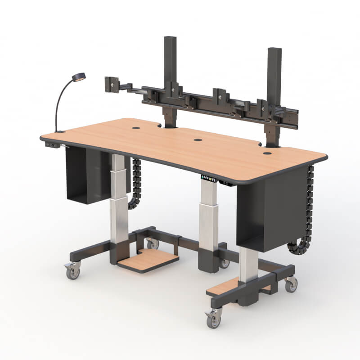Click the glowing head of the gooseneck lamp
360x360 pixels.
pyautogui.click(x=80, y=77)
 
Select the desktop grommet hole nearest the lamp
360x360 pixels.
pyautogui.click(x=136, y=128)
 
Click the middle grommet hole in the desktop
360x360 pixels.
pyautogui.click(x=198, y=140)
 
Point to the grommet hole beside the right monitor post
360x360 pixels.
pyautogui.click(x=267, y=153)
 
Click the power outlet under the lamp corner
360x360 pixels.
pyautogui.click(x=52, y=145)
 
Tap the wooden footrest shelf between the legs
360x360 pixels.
pyautogui.click(x=148, y=261)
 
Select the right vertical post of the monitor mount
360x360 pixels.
pyautogui.click(x=273, y=90)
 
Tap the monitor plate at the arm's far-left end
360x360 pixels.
pyautogui.click(x=110, y=84)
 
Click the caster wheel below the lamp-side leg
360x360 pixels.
pyautogui.click(x=72, y=271)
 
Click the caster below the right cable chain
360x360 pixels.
pyautogui.click(x=291, y=283)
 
